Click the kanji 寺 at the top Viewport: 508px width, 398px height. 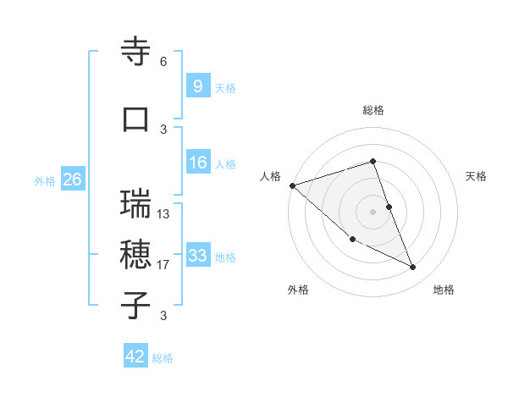pyautogui.click(x=136, y=52)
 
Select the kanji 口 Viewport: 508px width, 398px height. pyautogui.click(x=136, y=120)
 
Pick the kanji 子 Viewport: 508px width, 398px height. pyautogui.click(x=136, y=306)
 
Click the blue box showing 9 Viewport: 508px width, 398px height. pyautogui.click(x=197, y=86)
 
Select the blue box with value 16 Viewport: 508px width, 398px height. pyautogui.click(x=197, y=163)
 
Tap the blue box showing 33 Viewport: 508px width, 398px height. pyautogui.click(x=197, y=256)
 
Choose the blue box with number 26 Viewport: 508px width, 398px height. pyautogui.click(x=72, y=180)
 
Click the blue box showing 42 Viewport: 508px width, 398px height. pyautogui.click(x=135, y=357)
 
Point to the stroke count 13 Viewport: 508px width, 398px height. pyautogui.click(x=163, y=214)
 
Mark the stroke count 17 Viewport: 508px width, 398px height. pyautogui.click(x=163, y=265)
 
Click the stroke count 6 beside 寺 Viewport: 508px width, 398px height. pyautogui.click(x=163, y=62)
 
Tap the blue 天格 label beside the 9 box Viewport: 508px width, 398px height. pyautogui.click(x=225, y=87)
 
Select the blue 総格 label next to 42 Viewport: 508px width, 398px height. pyautogui.click(x=163, y=358)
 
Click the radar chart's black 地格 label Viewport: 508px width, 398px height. pyautogui.click(x=444, y=290)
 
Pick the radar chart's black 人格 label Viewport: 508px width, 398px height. pyautogui.click(x=271, y=176)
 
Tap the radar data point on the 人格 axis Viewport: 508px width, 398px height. pyautogui.click(x=292, y=185)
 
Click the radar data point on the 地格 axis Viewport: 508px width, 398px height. pyautogui.click(x=413, y=268)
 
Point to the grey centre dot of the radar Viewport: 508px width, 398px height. pyautogui.click(x=373, y=211)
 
